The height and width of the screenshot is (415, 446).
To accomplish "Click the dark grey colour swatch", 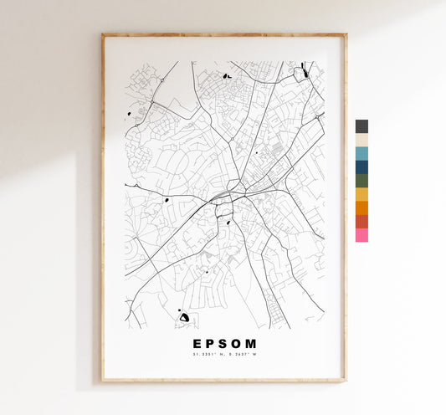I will (361, 126).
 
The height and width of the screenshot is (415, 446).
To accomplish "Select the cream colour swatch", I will (361, 140).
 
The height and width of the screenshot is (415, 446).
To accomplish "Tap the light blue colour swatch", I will (361, 153).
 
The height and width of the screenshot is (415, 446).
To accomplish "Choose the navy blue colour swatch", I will (361, 167).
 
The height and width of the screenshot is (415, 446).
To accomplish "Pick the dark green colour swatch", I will (361, 180).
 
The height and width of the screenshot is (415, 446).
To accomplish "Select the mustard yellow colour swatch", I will (361, 194).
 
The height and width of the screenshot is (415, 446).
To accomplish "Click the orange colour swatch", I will (361, 207).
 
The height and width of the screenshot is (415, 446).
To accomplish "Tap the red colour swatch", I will (361, 221).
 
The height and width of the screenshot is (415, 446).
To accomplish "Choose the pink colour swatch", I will (361, 235).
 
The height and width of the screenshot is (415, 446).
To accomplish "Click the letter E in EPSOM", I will (197, 343).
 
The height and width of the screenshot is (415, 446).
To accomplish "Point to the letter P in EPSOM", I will (210, 343).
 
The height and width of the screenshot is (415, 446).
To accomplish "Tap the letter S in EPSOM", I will (223, 343).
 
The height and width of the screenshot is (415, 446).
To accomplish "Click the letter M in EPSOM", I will (252, 343).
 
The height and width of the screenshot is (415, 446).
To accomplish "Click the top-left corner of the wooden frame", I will (103, 35).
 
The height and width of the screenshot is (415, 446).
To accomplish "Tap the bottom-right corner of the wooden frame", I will (345, 381).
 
